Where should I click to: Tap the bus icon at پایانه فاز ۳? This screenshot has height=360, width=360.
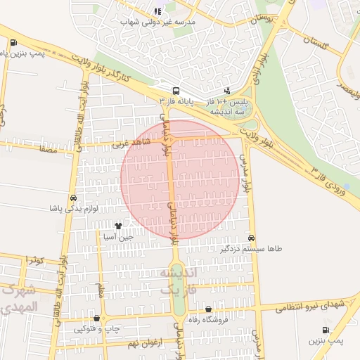pos(175,91)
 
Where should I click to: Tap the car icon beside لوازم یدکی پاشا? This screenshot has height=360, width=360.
pos(74,198)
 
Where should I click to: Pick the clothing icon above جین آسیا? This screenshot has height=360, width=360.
pos(117,226)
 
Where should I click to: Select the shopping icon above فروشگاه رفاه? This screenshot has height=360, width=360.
pos(208,309)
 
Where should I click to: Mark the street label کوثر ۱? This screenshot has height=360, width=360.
pos(35,260)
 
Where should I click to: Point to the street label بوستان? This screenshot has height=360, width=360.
pos(265,18)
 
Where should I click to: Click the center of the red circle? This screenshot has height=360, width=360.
pos(180,179)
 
